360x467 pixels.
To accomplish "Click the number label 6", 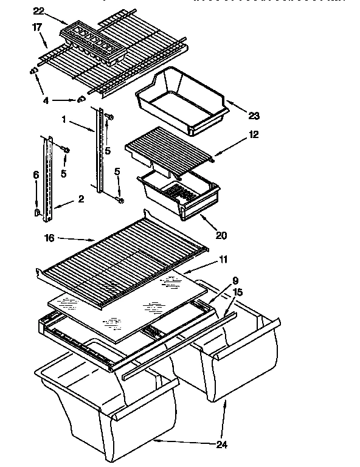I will click(x=36, y=175).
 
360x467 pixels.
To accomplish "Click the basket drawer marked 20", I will click(x=176, y=195).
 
